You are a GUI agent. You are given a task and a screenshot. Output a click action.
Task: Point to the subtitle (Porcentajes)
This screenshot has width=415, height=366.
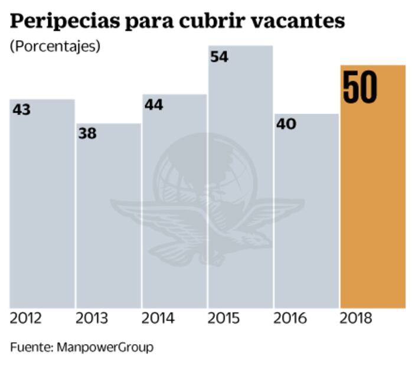(54, 46)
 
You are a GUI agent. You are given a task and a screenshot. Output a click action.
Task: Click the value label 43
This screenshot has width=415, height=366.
(22, 110)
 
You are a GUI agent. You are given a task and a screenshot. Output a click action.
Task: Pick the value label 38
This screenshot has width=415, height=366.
(87, 134)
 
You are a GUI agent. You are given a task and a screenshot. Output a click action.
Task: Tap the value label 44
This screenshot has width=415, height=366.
(153, 104)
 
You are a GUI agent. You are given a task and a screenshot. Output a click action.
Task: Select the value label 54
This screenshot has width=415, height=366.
(220, 57)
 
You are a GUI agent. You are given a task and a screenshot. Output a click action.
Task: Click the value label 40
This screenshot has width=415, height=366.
(286, 124)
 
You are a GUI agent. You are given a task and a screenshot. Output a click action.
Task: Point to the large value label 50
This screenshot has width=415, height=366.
(360, 89)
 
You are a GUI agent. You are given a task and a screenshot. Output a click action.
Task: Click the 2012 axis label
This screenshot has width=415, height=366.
(26, 319)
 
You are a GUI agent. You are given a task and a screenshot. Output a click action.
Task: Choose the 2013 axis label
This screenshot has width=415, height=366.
(92, 319)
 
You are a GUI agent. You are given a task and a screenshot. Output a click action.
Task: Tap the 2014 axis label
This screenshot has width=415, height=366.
(158, 319)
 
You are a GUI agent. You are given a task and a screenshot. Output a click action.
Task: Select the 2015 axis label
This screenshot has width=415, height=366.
(224, 319)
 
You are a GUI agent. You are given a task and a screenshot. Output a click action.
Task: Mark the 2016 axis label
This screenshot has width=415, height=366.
(290, 319)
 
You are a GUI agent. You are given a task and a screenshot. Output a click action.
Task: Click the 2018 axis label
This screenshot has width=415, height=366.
(357, 319)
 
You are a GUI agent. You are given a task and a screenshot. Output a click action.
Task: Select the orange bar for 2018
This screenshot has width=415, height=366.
(373, 207)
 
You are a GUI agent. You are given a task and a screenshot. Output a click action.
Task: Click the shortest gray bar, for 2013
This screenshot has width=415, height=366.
(108, 224)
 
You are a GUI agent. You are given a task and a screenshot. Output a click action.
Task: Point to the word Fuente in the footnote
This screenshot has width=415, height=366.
(31, 347)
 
